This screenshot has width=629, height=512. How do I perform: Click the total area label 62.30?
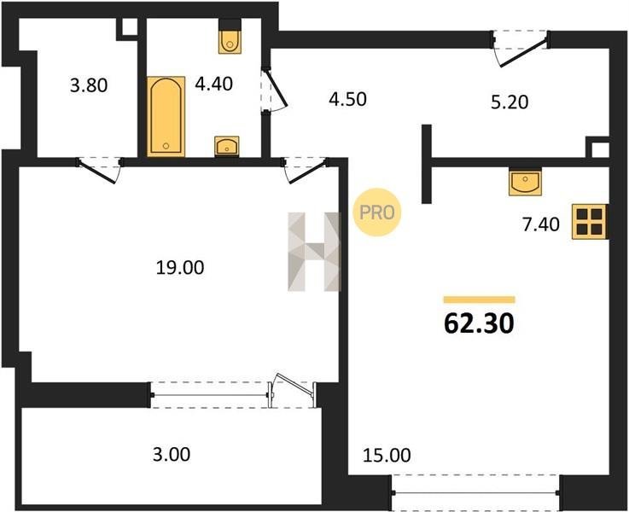tap(479, 323)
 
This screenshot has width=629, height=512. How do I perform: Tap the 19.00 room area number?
tap(180, 268)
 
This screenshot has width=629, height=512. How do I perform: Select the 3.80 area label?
tap(89, 86)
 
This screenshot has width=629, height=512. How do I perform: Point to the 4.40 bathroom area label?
tap(214, 84)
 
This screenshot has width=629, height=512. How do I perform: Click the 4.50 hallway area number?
tap(347, 100)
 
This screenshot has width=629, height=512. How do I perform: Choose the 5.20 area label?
tap(510, 102)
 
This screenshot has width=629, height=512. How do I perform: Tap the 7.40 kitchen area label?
tap(541, 225)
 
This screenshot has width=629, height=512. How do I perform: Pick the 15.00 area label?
tap(387, 456)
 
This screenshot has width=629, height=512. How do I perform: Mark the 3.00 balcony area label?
tap(172, 455)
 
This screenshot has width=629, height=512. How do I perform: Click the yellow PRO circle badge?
tap(376, 212)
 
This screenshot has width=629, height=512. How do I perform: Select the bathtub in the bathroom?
tap(166, 116)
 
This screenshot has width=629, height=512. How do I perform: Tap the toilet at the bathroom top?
tap(230, 37)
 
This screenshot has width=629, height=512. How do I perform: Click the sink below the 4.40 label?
tap(227, 146)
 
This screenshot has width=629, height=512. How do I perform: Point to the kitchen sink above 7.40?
tap(525, 182)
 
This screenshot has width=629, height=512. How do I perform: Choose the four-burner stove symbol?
tap(589, 222)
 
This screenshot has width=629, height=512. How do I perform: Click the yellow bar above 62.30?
tap(479, 300)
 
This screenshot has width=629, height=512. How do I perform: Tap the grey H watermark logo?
tap(314, 252)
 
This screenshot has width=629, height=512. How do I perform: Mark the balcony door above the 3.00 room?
tap(292, 391)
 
